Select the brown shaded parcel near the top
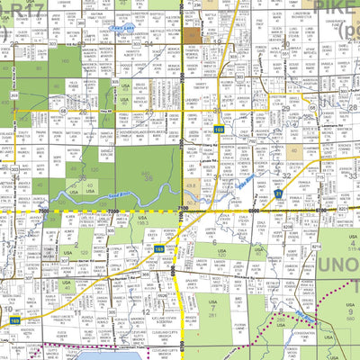[194, 35]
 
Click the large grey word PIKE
[336, 11]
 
